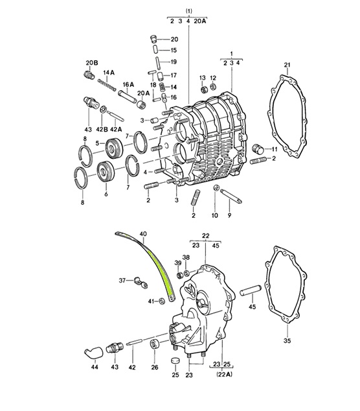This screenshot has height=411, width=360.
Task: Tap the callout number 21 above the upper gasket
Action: [287, 64]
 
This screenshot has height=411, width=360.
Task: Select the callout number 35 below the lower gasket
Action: [287, 341]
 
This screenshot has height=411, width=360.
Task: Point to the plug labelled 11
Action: [257, 148]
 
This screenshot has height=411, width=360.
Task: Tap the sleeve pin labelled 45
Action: [251, 290]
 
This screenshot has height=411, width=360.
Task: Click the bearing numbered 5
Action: [114, 148]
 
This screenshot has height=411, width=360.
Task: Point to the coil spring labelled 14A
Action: [107, 85]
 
